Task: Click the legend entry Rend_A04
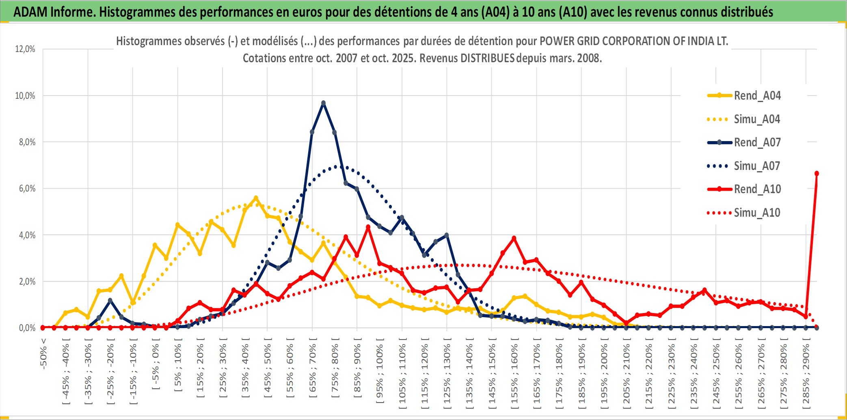(x=757, y=96)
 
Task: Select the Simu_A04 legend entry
(x=757, y=119)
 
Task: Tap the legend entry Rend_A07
(x=757, y=142)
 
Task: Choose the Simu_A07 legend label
(x=757, y=166)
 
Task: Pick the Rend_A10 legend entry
(x=757, y=189)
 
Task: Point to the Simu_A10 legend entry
(x=757, y=213)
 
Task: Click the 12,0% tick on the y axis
(x=25, y=49)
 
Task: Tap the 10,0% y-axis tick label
(x=25, y=96)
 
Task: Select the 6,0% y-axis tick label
(x=27, y=189)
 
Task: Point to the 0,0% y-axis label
(x=27, y=328)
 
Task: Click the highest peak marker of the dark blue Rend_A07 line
(x=323, y=103)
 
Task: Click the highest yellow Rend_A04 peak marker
(x=256, y=198)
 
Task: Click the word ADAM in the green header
(x=30, y=12)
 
